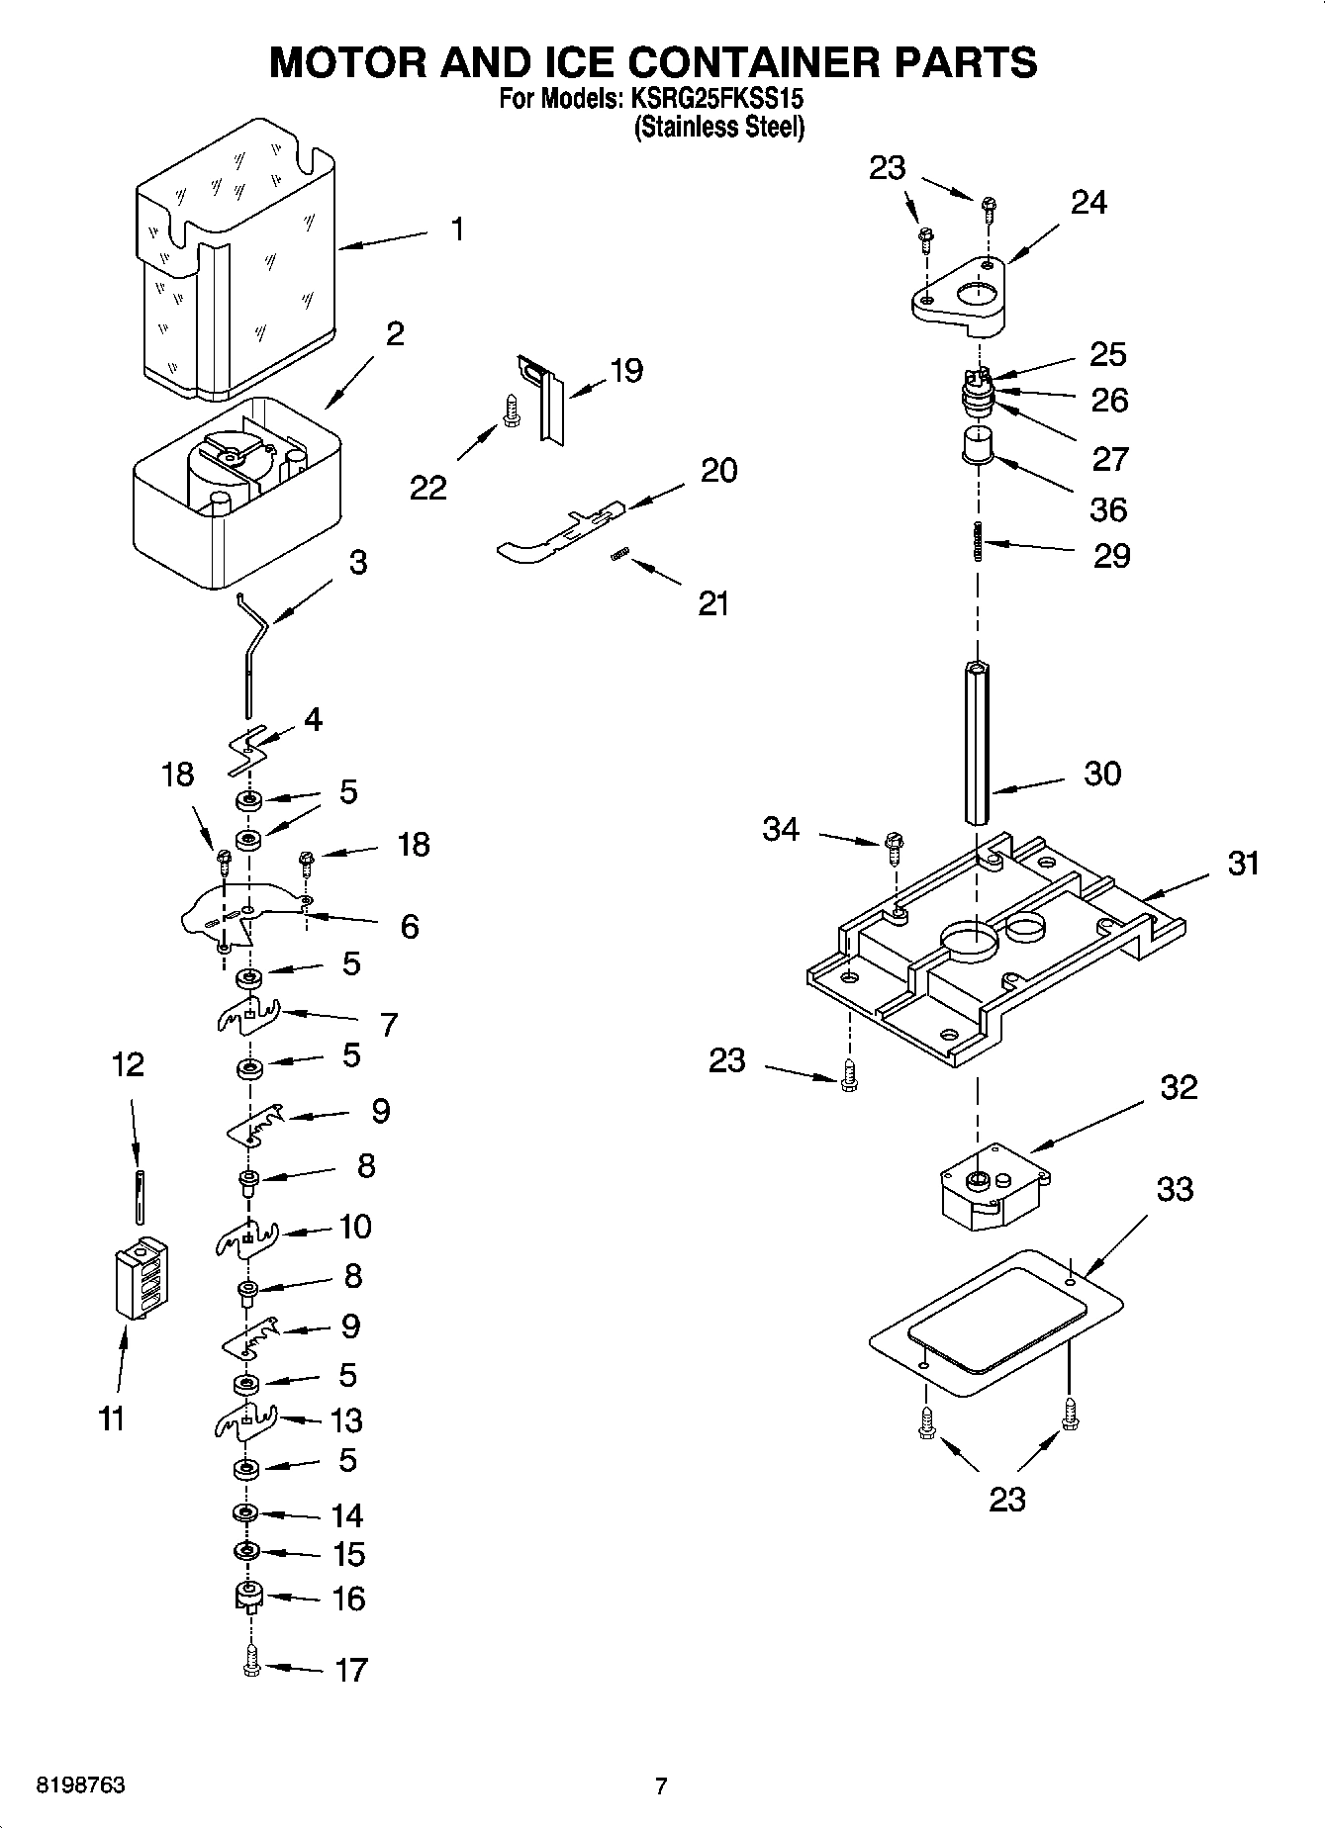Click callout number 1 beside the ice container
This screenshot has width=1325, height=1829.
456,229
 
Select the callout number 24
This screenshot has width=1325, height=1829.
1088,203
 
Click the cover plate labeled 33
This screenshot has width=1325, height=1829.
994,1326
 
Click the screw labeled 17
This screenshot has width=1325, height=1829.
250,1667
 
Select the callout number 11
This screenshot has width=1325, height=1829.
111,1418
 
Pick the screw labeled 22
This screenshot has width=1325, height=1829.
511,412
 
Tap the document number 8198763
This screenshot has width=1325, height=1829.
80,1785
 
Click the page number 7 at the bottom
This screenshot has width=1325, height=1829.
661,1785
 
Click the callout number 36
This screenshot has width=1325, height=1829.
1108,509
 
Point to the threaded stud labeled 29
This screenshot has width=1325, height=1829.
978,541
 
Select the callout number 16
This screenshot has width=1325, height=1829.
348,1599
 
